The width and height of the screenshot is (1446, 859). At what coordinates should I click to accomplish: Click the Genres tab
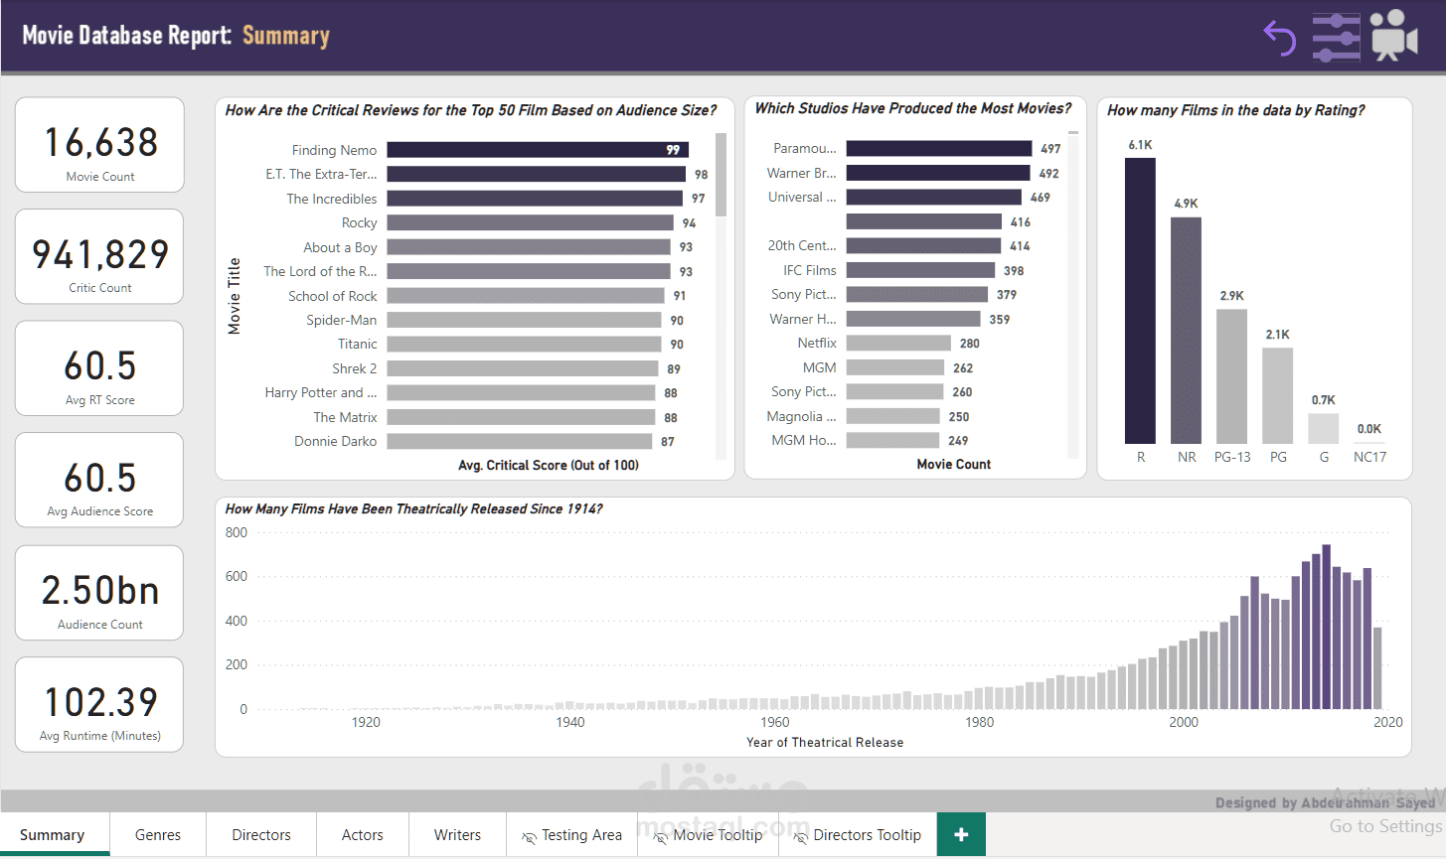(x=158, y=835)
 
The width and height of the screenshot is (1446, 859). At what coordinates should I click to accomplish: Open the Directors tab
(x=261, y=835)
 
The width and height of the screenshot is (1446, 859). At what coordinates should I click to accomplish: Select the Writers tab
(x=457, y=835)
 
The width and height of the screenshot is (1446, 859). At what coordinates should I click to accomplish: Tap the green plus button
(x=961, y=835)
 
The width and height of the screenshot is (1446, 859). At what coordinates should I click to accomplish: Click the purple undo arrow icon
(x=1280, y=38)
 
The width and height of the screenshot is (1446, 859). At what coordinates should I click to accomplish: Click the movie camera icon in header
(x=1394, y=36)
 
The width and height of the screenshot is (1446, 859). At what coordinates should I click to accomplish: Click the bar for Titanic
(x=524, y=345)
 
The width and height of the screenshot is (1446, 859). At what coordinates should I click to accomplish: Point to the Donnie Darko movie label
(x=335, y=441)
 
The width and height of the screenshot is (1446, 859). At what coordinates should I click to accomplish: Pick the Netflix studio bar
(x=898, y=344)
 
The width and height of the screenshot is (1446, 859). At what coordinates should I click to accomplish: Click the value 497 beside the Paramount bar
(x=1050, y=149)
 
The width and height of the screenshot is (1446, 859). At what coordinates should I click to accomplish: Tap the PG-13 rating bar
(x=1231, y=376)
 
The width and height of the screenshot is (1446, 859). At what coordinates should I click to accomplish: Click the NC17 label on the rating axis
(x=1369, y=457)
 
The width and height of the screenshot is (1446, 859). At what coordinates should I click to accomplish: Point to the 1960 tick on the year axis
(x=775, y=722)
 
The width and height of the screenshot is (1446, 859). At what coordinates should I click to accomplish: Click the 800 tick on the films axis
(x=237, y=532)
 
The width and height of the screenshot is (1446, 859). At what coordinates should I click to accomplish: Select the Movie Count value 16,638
(x=100, y=143)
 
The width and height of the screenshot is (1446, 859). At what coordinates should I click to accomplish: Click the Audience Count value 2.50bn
(x=100, y=591)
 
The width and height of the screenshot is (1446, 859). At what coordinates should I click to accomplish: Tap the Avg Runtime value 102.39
(x=100, y=702)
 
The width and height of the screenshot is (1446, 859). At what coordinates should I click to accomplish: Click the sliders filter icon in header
(x=1336, y=38)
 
